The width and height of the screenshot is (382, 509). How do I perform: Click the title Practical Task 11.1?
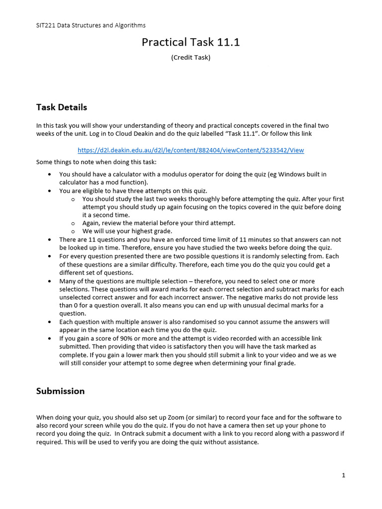pos(191,42)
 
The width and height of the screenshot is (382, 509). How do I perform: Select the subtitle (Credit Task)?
pos(191,58)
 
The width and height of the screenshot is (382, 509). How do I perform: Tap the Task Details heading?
pos(62,107)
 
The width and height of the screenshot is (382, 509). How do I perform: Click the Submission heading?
pos(60,391)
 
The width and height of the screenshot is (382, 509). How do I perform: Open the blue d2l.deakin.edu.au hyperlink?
pos(191,150)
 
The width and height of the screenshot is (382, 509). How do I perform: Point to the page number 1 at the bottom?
pos(343,475)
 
